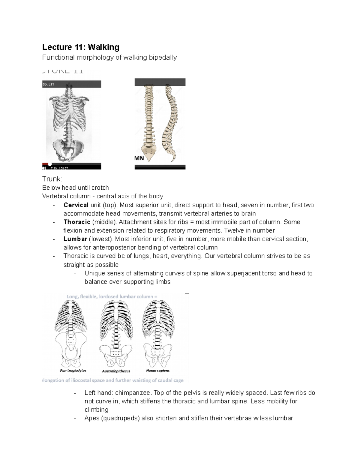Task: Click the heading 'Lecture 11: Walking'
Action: click(x=81, y=47)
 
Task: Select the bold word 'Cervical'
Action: click(x=76, y=205)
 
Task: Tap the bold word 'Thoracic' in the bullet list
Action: click(x=77, y=222)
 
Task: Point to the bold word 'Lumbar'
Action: click(x=75, y=239)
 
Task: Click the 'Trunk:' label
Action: click(x=52, y=179)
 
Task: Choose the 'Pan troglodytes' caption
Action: click(x=73, y=371)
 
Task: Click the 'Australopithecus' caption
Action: click(x=116, y=371)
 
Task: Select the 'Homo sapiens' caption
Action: click(x=158, y=371)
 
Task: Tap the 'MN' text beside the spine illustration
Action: click(x=139, y=158)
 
